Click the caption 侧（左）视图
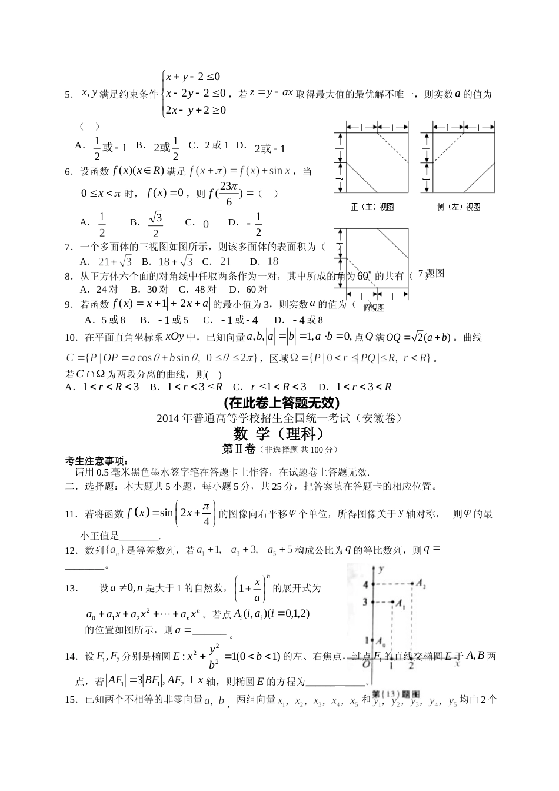[x=458, y=207]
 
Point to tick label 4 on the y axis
[x=365, y=584]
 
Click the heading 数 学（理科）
[x=279, y=434]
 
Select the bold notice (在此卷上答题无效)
[x=279, y=403]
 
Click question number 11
[x=71, y=514]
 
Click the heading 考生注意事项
[x=96, y=460]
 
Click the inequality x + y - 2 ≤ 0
[x=193, y=77]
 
